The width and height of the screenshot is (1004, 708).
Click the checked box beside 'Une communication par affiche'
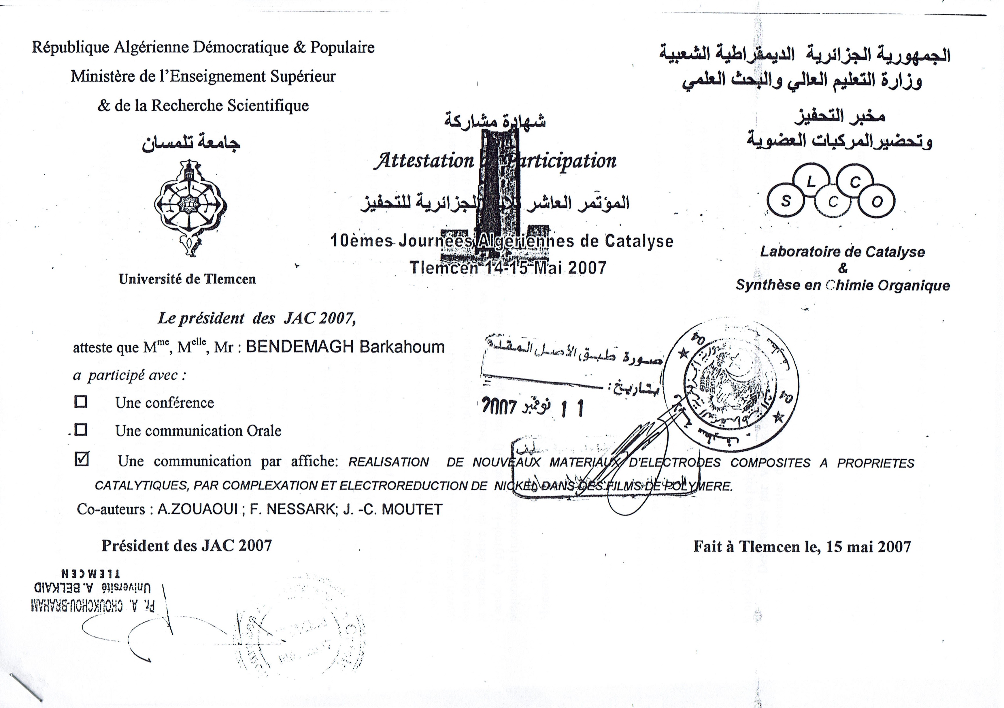(x=82, y=459)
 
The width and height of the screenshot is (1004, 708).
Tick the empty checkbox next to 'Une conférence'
(x=81, y=402)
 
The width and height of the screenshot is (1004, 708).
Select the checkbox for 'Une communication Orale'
(x=81, y=430)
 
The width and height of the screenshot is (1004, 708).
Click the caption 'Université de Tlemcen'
(x=187, y=279)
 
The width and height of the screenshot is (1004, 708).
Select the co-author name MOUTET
(x=412, y=509)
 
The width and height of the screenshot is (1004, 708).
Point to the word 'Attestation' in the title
(x=423, y=161)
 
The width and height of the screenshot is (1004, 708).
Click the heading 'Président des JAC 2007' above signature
(x=187, y=546)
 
